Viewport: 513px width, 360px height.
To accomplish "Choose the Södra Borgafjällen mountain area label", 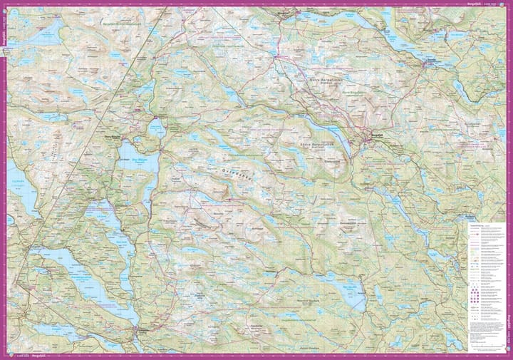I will point(315,144).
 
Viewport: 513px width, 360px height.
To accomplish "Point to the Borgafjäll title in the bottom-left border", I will point(28,355).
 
